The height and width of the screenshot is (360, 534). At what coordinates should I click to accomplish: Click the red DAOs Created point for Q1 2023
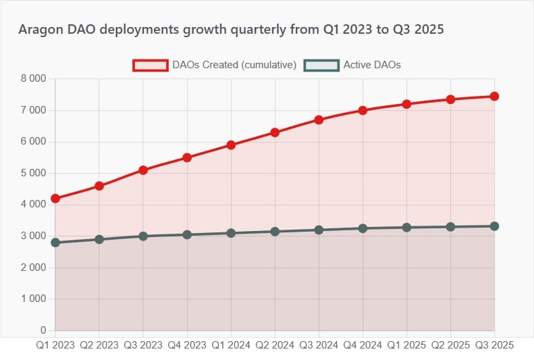[55, 199]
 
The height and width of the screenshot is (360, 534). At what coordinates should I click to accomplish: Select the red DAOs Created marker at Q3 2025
[495, 97]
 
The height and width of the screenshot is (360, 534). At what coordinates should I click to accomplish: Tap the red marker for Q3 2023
[143, 170]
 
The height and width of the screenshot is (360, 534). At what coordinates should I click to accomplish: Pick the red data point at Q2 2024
[275, 132]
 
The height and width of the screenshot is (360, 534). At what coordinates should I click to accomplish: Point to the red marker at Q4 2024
[363, 110]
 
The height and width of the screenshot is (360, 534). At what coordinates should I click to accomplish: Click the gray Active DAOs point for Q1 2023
[55, 242]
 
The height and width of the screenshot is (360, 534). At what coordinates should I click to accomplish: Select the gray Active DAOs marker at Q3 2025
[495, 226]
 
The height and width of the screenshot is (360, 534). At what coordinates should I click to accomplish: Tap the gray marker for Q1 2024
[231, 233]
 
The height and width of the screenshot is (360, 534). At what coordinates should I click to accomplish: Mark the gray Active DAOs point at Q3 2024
[319, 230]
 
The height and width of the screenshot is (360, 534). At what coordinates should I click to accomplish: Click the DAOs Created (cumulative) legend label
[234, 65]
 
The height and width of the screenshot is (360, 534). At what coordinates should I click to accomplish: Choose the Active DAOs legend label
[372, 65]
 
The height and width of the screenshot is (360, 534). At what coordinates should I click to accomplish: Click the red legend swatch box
[150, 65]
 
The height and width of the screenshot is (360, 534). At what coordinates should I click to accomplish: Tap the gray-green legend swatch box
[321, 65]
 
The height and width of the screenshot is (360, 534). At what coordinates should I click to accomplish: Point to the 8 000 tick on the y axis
[34, 79]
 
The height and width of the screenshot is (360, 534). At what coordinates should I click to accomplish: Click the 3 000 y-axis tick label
[34, 236]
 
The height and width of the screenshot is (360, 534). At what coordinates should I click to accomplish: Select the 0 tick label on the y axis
[43, 331]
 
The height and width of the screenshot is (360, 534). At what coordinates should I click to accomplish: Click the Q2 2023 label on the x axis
[99, 344]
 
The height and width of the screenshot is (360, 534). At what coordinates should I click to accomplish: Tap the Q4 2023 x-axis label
[187, 344]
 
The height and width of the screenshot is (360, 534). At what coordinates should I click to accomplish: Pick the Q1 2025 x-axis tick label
[406, 344]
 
